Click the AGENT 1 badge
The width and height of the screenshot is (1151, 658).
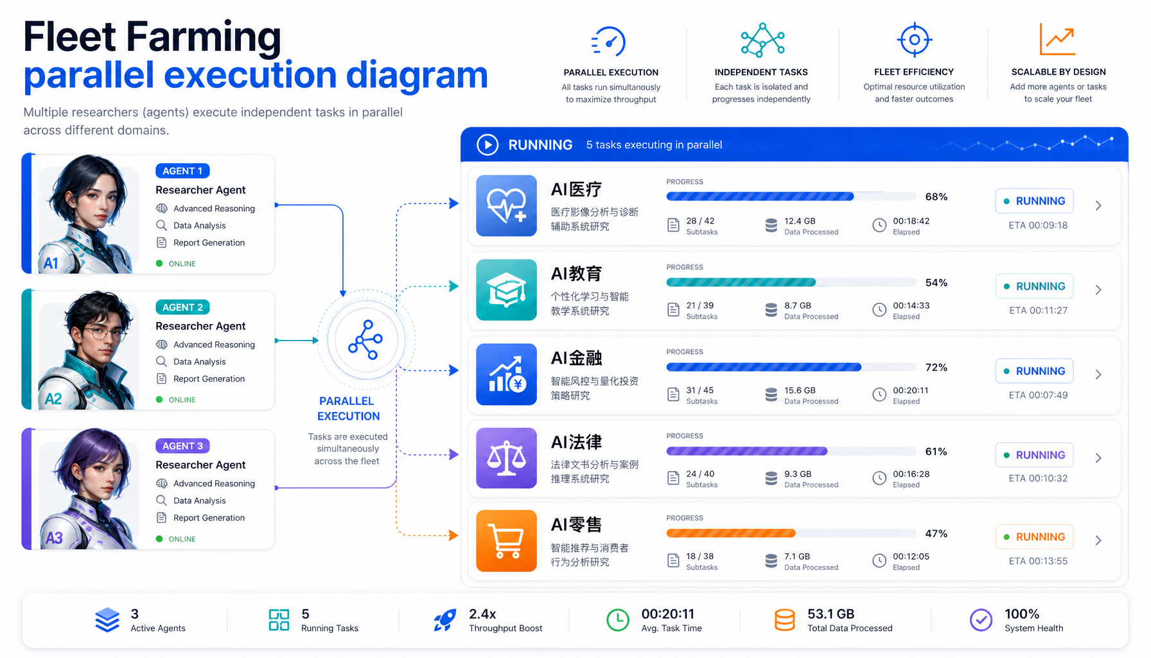pos(182,171)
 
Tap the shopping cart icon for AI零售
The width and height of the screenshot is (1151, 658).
pos(506,540)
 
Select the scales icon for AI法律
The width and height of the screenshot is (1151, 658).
pos(506,458)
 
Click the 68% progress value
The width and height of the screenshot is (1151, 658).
pos(936,197)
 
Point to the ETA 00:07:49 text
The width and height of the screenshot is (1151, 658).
pos(1038,395)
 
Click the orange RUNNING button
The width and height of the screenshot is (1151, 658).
pos(1034,537)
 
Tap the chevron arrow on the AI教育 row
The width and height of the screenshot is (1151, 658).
pos(1098,290)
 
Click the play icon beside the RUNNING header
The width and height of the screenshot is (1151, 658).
pos(488,145)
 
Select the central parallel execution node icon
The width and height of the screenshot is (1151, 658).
pos(365,340)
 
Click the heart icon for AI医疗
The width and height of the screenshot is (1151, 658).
pos(506,206)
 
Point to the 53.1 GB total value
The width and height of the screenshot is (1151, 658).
pos(830,614)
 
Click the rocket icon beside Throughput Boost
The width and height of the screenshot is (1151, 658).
pos(444,620)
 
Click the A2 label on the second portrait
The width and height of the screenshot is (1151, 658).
pos(53,399)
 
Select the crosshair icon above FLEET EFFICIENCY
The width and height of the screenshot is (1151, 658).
pos(914,40)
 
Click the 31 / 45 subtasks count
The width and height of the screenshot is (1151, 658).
pos(699,390)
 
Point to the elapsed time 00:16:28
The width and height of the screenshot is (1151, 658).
pos(911,474)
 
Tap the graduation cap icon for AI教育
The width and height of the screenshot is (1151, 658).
pos(506,290)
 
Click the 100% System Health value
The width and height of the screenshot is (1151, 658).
pos(1022,614)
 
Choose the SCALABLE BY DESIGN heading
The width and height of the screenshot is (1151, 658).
pos(1059,72)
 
